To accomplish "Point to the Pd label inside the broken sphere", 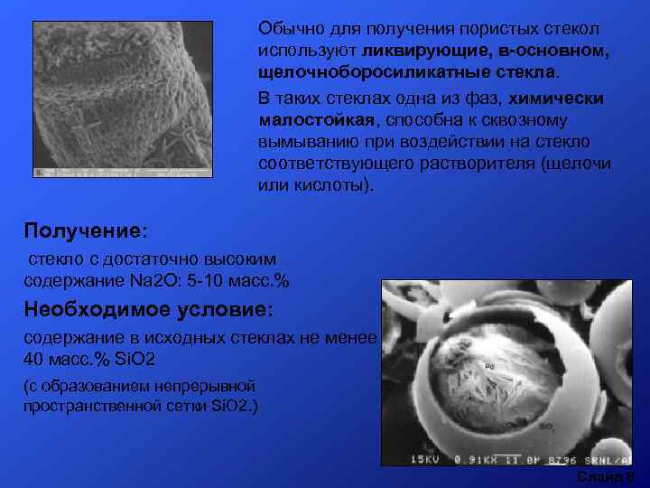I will tap(488, 368).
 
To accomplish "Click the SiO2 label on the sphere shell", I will tap(545, 425).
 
